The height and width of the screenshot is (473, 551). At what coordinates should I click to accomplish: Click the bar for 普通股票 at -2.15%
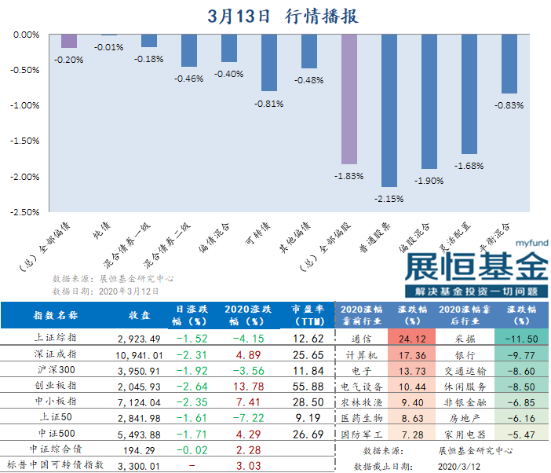389,110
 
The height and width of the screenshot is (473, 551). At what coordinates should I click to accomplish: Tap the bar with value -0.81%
268,63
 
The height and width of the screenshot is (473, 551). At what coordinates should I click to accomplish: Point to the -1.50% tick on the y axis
27,141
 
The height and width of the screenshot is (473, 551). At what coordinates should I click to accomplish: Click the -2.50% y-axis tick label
27,211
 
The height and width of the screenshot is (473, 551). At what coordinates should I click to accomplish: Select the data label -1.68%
469,166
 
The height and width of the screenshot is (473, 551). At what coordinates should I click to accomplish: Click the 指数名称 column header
56,316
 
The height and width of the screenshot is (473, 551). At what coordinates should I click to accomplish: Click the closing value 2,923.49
138,339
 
